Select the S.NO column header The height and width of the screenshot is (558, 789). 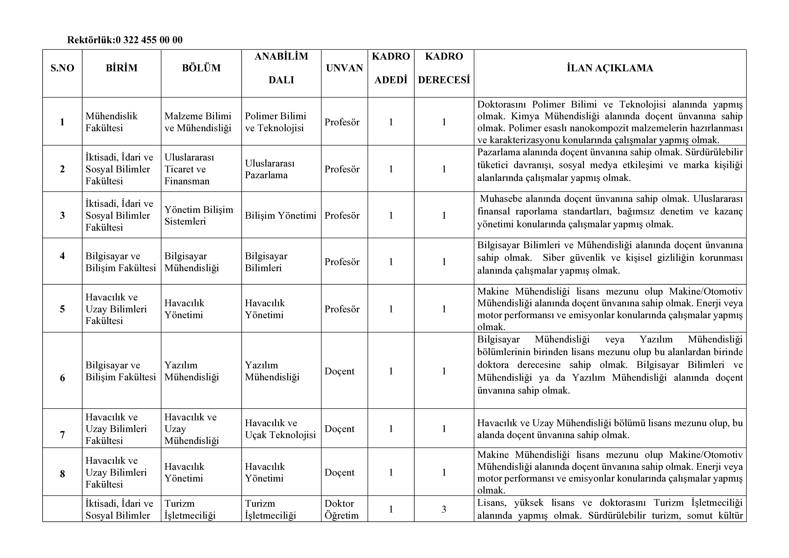[x=62, y=68]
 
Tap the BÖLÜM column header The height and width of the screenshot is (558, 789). [x=201, y=68]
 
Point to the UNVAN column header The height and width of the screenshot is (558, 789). [x=344, y=68]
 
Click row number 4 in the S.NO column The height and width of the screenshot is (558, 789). [x=62, y=256]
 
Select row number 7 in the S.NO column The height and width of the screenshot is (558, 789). [x=62, y=435]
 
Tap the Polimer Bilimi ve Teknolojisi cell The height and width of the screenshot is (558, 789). [x=275, y=122]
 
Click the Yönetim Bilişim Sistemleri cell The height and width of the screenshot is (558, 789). [x=199, y=216]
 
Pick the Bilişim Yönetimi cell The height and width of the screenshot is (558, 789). [x=280, y=216]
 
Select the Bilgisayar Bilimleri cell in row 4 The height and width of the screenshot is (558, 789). [x=266, y=262]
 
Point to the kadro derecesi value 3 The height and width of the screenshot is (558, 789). [x=444, y=510]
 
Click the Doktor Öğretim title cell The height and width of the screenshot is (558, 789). [x=342, y=510]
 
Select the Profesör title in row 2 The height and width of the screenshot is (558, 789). [x=342, y=169]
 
